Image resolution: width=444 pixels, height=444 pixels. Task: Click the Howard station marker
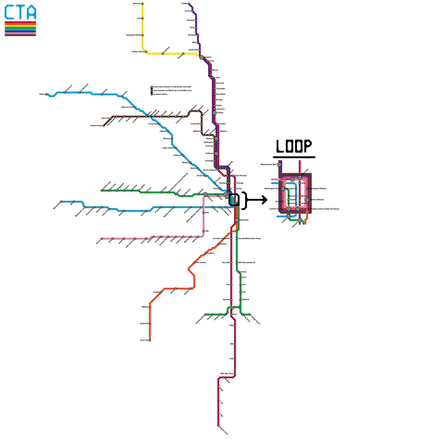coord(201,57)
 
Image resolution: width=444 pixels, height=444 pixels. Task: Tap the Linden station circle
coord(189,4)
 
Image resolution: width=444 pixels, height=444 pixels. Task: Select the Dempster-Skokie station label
coord(133,35)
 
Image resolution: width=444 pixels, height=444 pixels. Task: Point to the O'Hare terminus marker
coord(46,94)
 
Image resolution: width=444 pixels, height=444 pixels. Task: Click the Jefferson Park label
coord(127,107)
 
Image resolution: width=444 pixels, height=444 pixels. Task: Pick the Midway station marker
coord(150,307)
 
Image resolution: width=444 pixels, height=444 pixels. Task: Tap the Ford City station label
coord(144,340)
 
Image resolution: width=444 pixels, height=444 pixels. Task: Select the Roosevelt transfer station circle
coord(237,220)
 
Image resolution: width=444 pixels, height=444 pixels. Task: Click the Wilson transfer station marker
coord(215,113)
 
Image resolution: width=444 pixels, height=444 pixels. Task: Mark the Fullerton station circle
coord(216,153)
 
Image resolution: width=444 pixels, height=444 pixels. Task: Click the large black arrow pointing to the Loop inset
coord(257,200)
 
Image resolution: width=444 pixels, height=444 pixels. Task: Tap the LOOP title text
coord(294,146)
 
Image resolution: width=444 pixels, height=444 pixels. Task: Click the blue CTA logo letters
coord(20,12)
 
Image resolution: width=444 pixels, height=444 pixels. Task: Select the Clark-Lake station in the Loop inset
coord(292,180)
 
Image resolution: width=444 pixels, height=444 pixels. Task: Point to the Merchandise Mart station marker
coord(279,165)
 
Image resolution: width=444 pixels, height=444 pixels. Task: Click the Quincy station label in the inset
coord(278,202)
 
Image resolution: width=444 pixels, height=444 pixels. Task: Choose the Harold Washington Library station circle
coord(298,209)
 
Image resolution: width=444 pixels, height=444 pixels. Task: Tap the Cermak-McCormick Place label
coord(249,239)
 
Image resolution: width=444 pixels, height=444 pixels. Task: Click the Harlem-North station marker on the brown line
coord(104,126)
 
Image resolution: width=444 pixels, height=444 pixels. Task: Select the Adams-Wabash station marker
coord(307,200)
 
